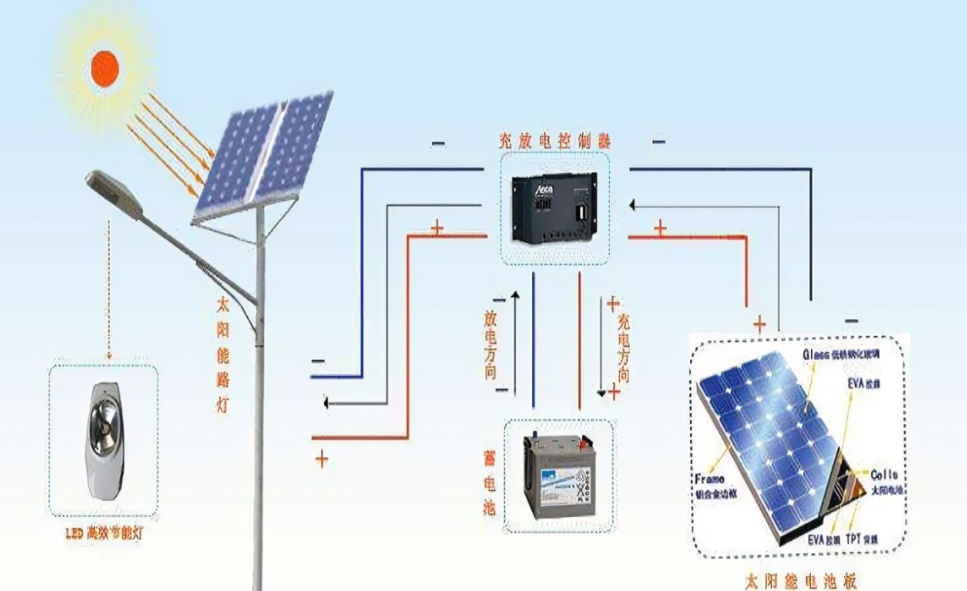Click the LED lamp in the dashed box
(x=105, y=440)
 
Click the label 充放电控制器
(x=555, y=142)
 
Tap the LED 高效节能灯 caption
(x=104, y=535)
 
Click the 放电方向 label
(x=491, y=344)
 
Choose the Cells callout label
(x=883, y=475)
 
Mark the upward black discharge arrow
(x=515, y=343)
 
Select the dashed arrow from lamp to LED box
(x=108, y=289)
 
